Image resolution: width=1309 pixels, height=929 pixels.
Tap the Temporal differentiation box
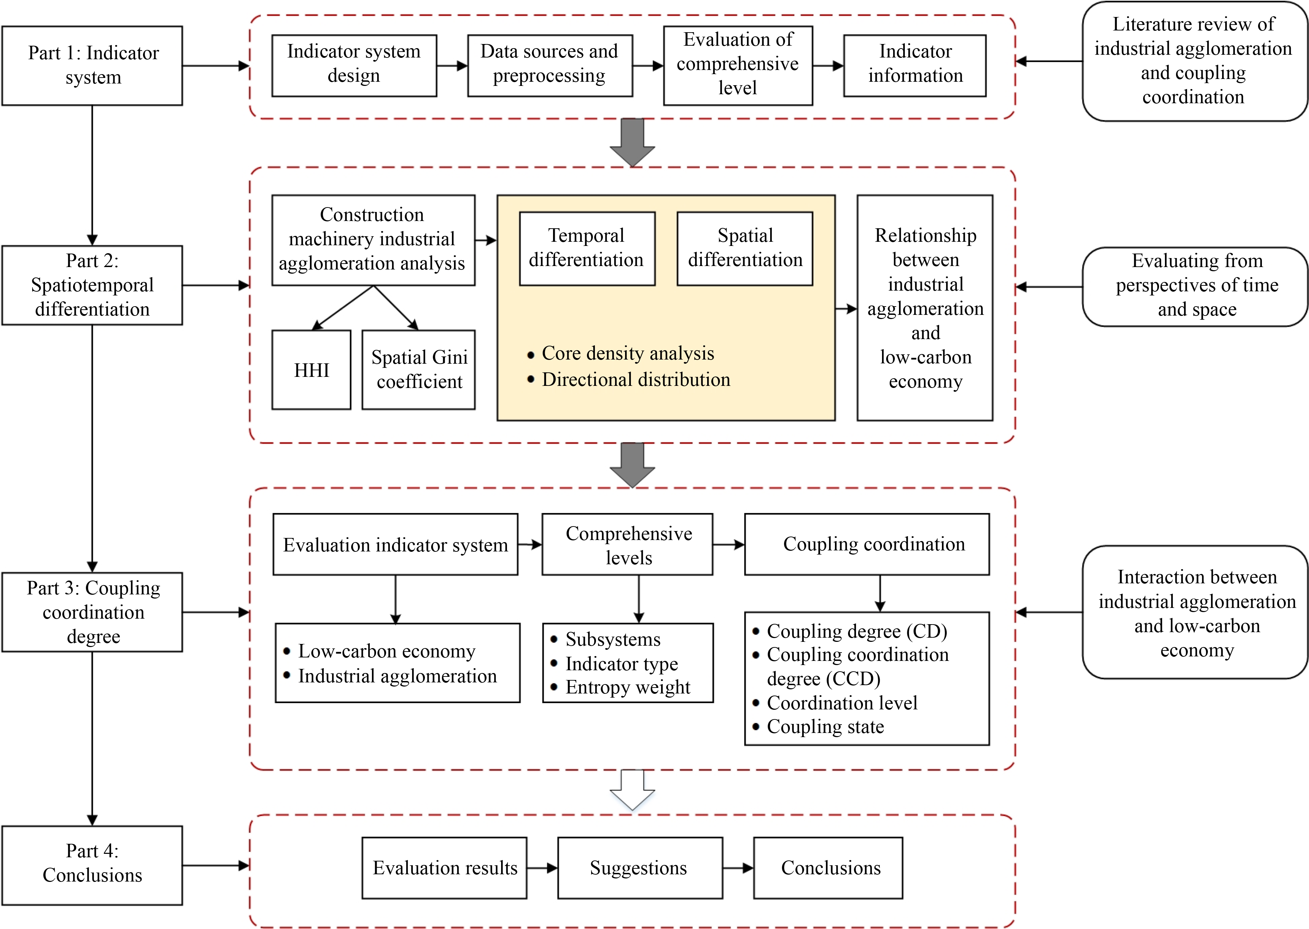point(587,248)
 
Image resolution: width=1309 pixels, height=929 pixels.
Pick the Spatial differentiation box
point(745,248)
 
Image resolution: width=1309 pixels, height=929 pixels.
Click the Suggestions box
point(639,868)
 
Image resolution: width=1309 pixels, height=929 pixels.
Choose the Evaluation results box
point(444,868)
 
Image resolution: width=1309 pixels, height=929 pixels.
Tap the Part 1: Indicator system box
point(92,65)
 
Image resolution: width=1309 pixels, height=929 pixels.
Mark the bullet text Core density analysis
point(627,354)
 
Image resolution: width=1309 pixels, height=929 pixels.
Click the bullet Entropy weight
point(627,687)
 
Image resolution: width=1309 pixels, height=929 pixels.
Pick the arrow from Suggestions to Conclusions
point(738,868)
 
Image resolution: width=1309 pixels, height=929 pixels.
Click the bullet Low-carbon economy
point(386,651)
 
